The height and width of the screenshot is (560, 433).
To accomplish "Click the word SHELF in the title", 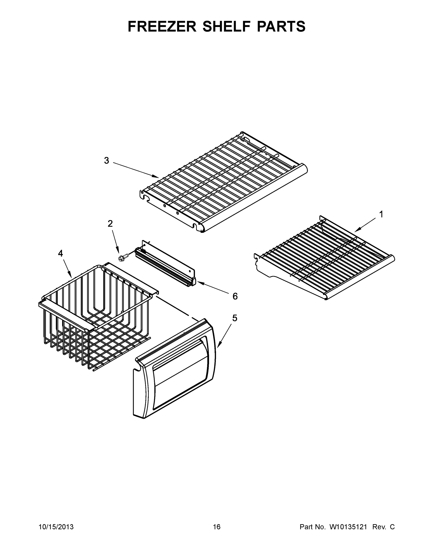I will [225, 26].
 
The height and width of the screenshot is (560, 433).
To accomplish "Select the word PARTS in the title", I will [280, 26].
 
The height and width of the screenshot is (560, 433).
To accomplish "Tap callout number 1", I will [381, 214].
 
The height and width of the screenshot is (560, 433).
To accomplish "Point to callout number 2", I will [110, 224].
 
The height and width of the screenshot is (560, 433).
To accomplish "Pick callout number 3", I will [106, 161].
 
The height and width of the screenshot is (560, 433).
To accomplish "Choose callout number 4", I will [60, 254].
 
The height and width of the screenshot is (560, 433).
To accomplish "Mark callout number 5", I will [235, 318].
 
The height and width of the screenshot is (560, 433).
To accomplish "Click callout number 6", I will [235, 296].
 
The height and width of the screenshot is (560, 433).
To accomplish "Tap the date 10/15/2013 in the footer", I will [56, 527].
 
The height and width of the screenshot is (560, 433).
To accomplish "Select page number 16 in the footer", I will [217, 527].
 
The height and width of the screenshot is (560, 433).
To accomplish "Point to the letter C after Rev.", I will [392, 527].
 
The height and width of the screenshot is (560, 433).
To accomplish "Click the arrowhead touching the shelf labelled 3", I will [156, 177].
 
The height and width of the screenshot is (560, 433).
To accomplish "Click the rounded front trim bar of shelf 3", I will [254, 197].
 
